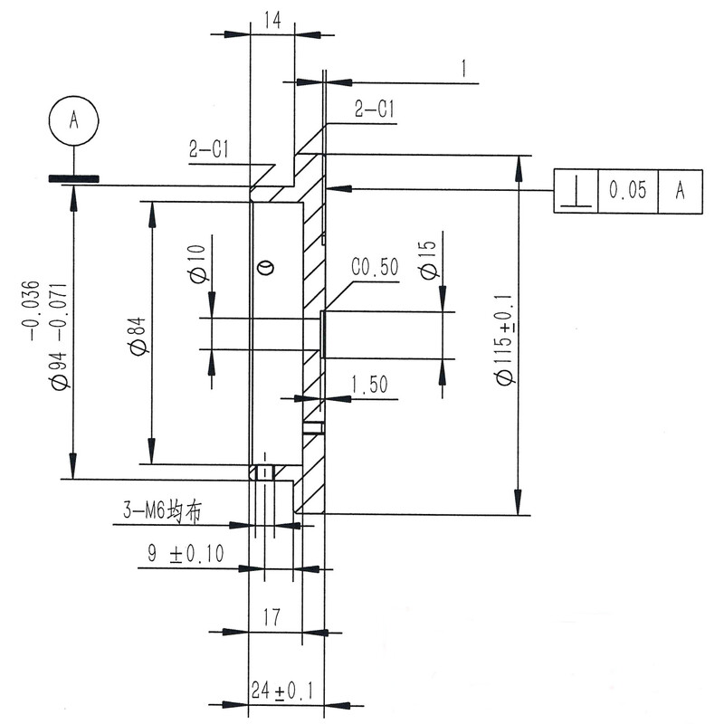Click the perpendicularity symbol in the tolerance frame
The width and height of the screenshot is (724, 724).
click(x=576, y=191)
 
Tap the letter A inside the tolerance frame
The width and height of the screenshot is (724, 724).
click(x=681, y=191)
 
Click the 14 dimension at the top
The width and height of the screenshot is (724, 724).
click(x=272, y=18)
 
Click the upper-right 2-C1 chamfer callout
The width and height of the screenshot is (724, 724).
click(x=374, y=110)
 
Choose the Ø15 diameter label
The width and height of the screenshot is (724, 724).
click(x=427, y=260)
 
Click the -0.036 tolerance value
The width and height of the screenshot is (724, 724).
click(x=31, y=308)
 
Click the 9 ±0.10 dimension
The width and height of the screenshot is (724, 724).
click(x=186, y=552)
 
